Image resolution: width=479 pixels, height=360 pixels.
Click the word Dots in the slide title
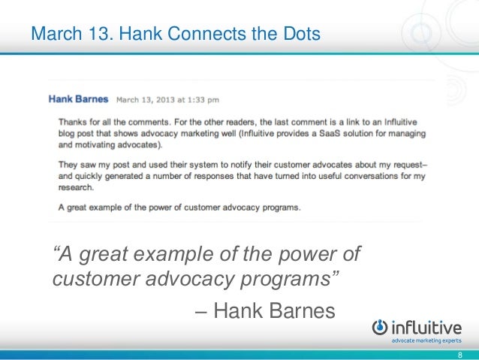[300, 34]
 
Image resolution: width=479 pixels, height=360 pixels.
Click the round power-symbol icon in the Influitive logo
[381, 327]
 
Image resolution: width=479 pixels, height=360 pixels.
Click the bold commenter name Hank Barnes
[79, 98]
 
